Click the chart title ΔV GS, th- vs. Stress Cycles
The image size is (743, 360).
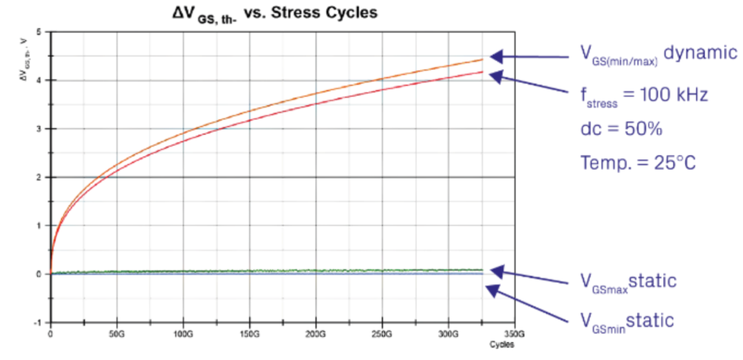(275, 13)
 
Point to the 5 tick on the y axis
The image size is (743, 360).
(40, 32)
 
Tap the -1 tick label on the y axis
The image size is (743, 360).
(39, 322)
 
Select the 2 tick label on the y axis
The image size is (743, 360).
(40, 177)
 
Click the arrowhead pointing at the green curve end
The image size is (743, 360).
(497, 270)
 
